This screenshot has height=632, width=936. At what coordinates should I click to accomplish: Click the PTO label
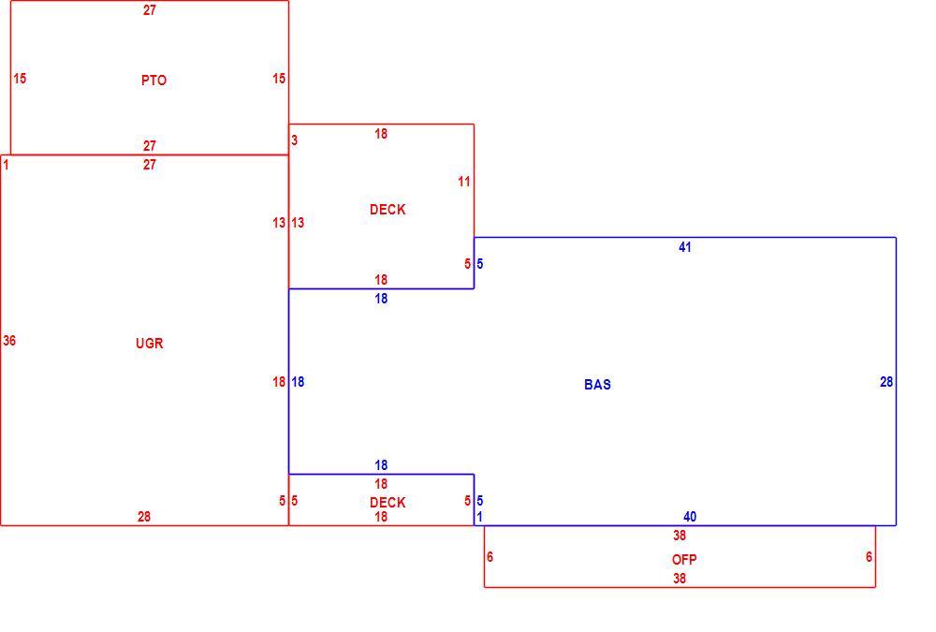pos(154,80)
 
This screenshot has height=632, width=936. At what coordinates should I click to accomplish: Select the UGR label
pos(149,343)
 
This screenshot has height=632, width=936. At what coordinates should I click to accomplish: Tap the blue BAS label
pos(597,384)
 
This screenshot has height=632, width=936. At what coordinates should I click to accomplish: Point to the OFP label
pos(684,560)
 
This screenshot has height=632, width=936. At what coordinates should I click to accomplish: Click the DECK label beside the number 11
pos(388,209)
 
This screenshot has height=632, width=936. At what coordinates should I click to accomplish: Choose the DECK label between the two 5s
pos(388,503)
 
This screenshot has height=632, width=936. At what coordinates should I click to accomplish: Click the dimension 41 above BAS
pos(685,247)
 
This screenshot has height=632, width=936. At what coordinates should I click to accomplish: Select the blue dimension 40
pos(690,517)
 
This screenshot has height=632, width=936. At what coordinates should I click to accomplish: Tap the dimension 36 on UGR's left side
pos(9,341)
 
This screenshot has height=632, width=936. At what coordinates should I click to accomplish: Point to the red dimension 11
pos(464,182)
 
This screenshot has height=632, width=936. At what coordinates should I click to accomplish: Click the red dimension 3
pos(294,140)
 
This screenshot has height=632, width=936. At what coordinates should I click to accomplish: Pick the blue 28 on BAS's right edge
pos(886,382)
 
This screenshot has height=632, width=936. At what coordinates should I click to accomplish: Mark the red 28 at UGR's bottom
pos(144,517)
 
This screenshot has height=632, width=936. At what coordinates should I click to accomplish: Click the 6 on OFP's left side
pos(490,557)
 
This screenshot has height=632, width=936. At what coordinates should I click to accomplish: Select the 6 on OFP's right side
pos(869,557)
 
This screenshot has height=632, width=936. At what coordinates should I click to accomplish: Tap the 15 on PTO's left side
pos(20,79)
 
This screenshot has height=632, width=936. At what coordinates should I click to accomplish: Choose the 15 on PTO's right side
pos(279,79)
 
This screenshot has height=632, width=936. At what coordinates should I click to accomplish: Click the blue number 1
pos(479,517)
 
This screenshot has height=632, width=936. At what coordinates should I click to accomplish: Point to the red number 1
pos(6,164)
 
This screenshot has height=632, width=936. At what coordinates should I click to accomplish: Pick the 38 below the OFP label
pos(680,579)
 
